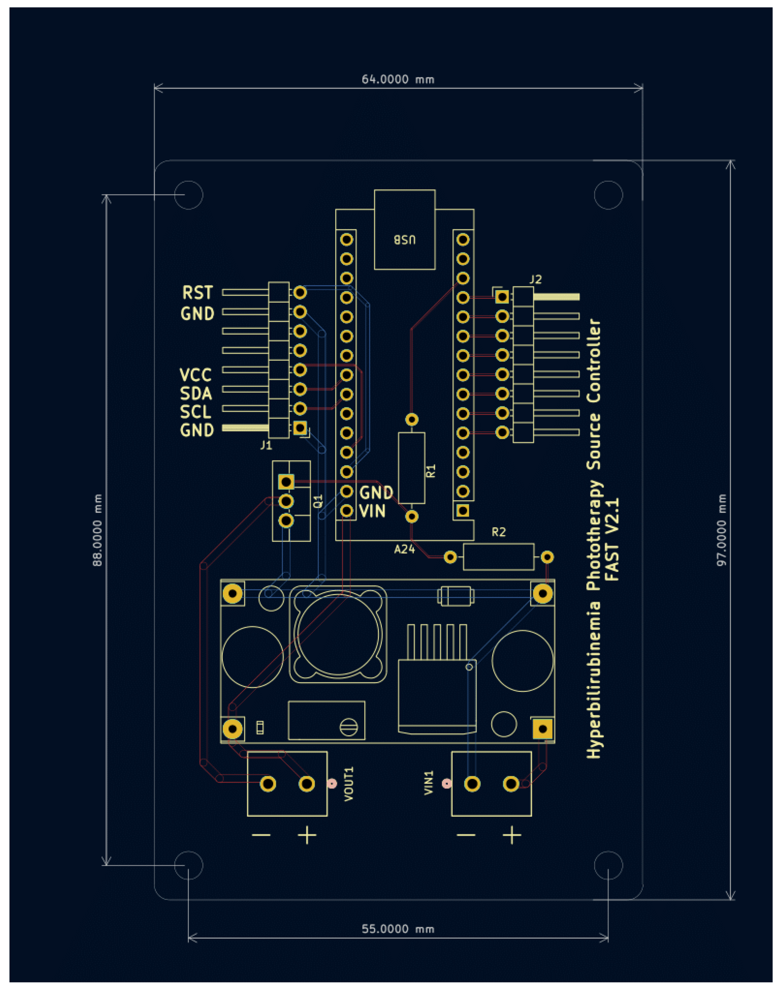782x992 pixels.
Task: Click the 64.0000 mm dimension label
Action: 397,80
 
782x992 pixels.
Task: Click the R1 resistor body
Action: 411,468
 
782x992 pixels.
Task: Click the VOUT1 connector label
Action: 349,784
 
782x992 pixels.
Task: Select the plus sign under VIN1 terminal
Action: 511,835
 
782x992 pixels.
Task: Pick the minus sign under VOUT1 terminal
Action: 261,835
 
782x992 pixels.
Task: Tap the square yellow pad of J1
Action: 300,428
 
